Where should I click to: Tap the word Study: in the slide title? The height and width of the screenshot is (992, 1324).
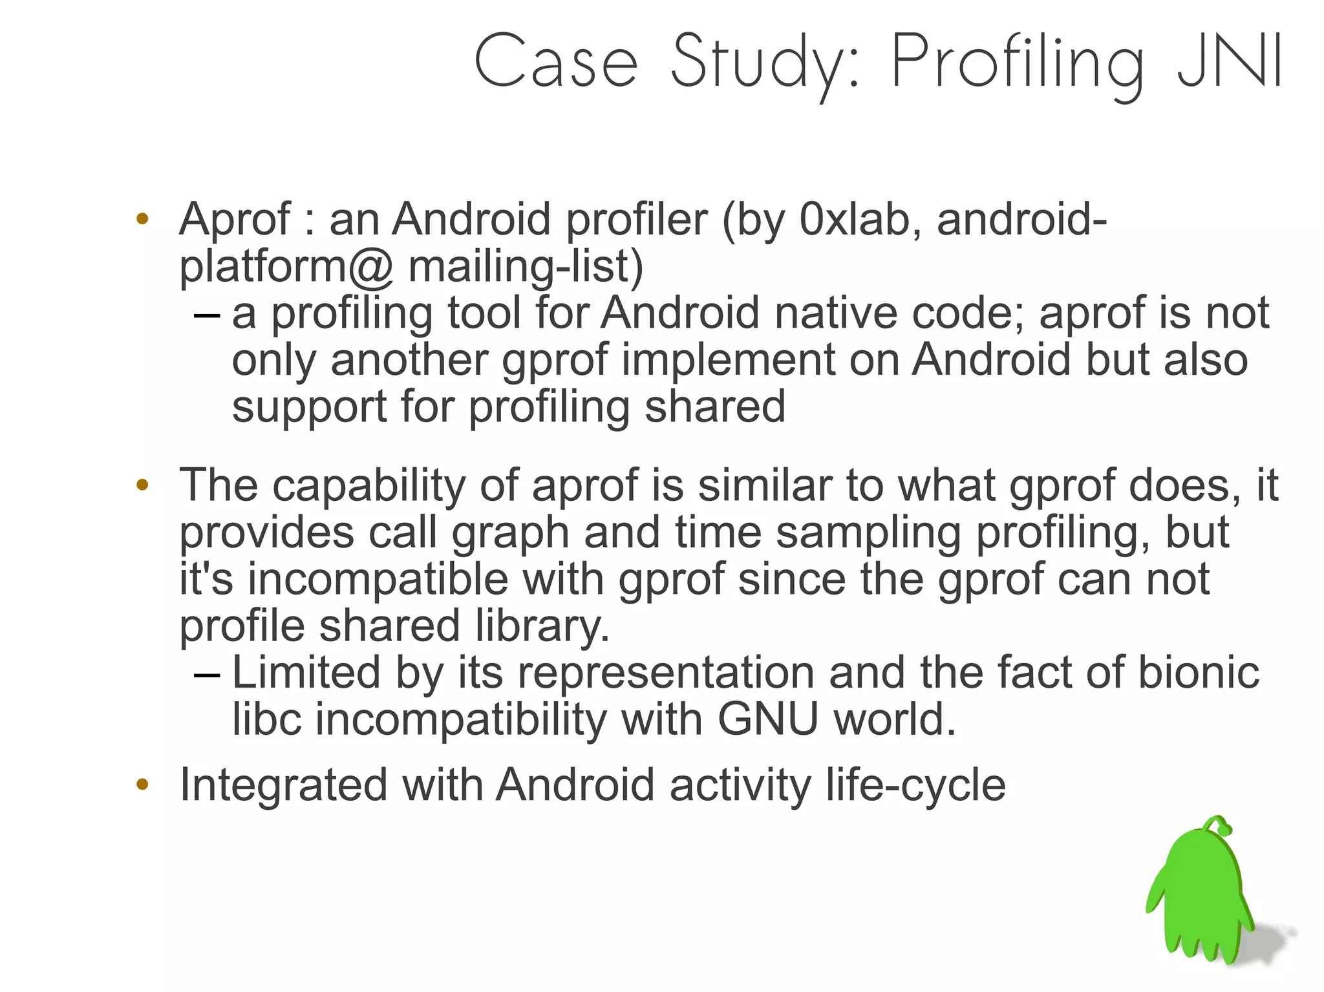766,65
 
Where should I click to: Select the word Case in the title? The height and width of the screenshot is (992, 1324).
556,61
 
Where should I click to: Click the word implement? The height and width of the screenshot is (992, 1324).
728,360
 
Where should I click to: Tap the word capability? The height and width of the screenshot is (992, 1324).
368,485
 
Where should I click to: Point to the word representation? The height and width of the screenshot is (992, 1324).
666,672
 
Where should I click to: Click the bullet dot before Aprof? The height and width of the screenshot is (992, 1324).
142,219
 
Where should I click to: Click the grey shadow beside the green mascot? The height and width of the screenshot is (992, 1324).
1270,937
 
